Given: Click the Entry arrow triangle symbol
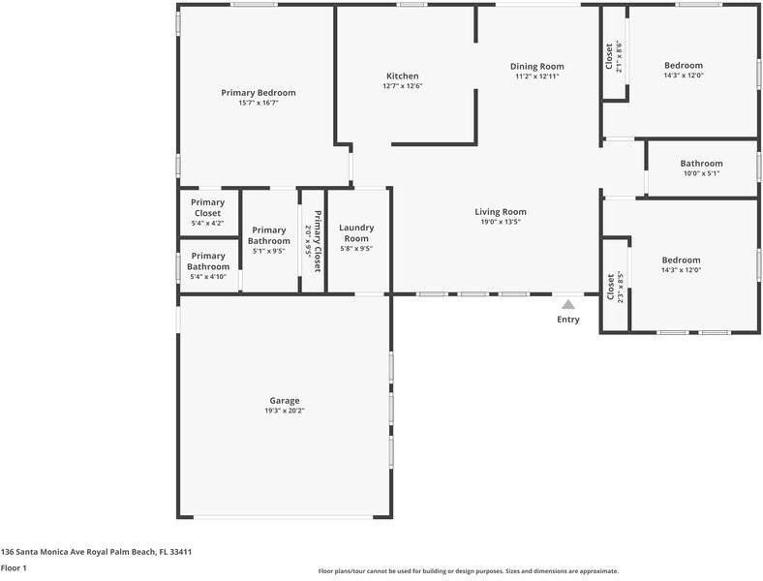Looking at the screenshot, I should coord(568,304).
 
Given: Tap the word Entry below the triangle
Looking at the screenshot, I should coord(568,320).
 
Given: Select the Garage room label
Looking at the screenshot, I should coord(285,400).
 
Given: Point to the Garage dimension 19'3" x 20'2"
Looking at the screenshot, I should coord(285,411).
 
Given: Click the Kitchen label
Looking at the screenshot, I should coord(402,76).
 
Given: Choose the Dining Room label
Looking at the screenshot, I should coord(536,66).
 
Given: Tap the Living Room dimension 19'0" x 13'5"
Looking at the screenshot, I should coord(500,222).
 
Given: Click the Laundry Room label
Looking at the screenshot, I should coord(356,232).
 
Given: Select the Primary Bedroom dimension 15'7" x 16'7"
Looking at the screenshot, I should coord(259,103).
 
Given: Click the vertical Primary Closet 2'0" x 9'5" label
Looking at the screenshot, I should coord(313,240).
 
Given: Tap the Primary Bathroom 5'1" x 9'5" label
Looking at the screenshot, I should coord(268,235).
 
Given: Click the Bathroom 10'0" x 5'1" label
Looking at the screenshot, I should coord(701,168).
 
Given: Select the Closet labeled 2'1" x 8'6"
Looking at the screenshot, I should coord(613,57).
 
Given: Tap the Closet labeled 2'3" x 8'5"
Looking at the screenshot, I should coord(614,288).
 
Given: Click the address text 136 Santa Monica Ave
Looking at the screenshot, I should coord(96,551).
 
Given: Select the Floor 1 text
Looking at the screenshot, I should coord(14,568).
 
